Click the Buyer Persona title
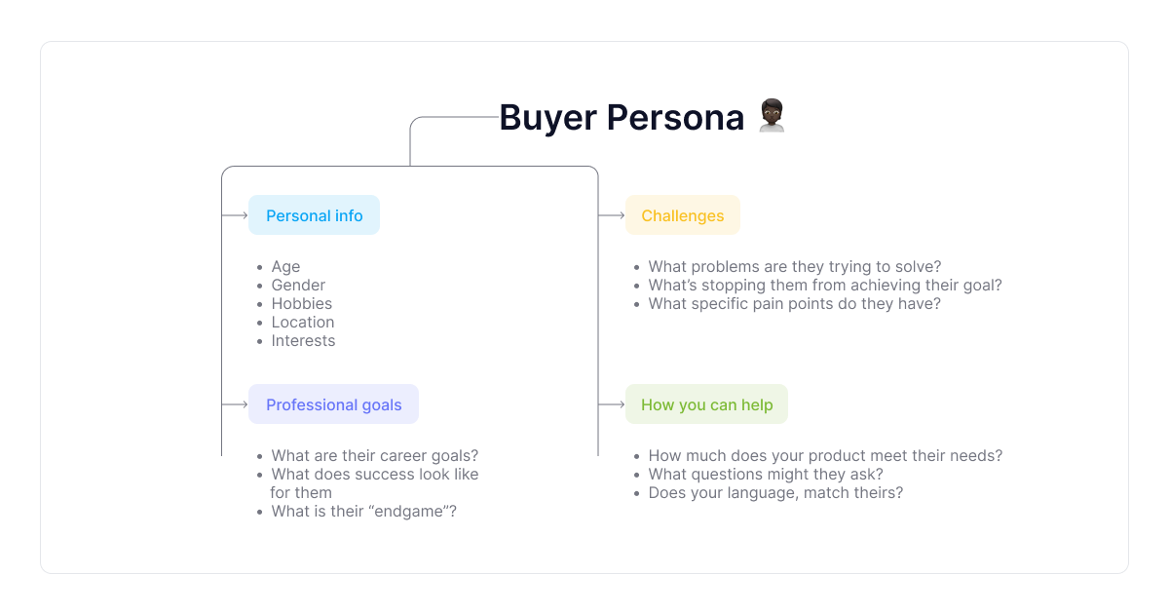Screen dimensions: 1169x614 tap(622, 118)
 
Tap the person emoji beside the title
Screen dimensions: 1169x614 tap(772, 115)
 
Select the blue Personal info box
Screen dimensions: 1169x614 tap(314, 215)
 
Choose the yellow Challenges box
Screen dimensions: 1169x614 tap(683, 215)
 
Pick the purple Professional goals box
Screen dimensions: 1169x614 tap(333, 404)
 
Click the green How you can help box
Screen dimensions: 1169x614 tap(706, 404)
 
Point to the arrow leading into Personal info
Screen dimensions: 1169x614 tap(235, 215)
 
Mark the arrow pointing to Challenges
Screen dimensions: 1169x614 tap(612, 215)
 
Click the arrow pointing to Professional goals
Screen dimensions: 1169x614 tap(235, 404)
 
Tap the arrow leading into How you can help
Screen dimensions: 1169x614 tap(612, 404)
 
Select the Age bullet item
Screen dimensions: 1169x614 tap(285, 267)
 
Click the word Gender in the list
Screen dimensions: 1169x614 tap(298, 285)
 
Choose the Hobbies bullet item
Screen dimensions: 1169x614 tap(302, 303)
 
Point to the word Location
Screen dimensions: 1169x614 tap(303, 323)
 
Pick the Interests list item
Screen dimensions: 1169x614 tap(303, 340)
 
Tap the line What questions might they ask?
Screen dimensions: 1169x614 tap(766, 474)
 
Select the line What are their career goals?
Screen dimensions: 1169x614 tap(375, 456)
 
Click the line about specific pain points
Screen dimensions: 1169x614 tap(794, 303)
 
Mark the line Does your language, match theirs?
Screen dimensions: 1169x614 tap(775, 493)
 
